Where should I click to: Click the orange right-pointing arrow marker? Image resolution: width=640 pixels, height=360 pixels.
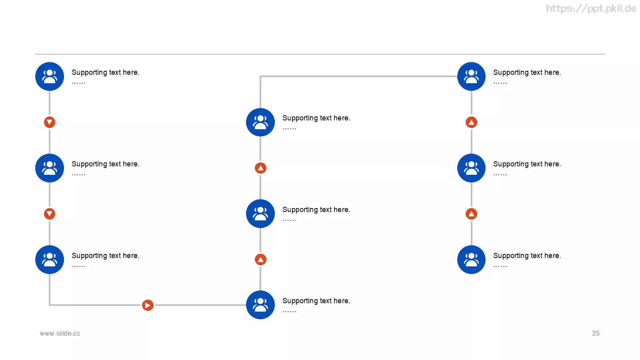(148, 305)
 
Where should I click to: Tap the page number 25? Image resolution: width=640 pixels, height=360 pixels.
(596, 334)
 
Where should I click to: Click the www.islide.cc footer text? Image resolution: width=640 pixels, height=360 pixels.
(60, 334)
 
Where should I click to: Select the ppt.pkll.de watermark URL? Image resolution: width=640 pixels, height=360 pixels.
(591, 8)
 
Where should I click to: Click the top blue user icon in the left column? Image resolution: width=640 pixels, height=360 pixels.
(50, 76)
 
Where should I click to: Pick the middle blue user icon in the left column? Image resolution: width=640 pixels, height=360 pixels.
(50, 168)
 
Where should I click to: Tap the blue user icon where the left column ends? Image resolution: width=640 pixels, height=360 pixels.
(50, 260)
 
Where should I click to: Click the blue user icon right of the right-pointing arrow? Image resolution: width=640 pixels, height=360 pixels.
(260, 305)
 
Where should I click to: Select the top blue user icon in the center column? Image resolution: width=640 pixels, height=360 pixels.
(260, 122)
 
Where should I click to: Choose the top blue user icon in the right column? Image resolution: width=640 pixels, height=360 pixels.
(471, 76)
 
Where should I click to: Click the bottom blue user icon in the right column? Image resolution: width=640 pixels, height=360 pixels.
(471, 260)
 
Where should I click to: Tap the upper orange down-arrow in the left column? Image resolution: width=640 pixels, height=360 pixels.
(50, 122)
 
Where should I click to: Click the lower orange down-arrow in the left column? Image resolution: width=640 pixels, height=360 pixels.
(50, 214)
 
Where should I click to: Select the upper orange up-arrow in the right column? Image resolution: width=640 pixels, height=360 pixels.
(471, 122)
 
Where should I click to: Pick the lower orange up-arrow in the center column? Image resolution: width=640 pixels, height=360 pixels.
(260, 260)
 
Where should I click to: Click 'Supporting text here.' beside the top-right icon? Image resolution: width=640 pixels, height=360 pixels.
(527, 72)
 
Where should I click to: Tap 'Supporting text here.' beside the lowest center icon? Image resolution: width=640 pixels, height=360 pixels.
(316, 301)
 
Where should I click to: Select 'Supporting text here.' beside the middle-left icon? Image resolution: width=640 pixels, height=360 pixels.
(106, 164)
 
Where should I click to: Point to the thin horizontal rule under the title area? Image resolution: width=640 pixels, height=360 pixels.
(320, 54)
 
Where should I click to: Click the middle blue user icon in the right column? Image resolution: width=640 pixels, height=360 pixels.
(471, 168)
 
